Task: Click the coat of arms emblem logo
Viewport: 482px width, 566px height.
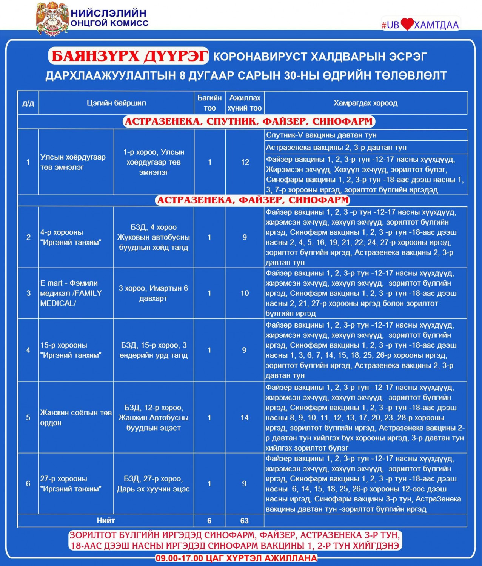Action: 52,19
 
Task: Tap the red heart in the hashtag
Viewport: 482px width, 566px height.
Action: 407,25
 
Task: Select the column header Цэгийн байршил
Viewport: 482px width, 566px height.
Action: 116,103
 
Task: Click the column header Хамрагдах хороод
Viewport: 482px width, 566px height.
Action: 365,103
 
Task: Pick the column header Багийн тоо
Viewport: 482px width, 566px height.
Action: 209,103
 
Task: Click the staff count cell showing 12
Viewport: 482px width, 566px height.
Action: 245,162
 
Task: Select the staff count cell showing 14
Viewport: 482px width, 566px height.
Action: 245,418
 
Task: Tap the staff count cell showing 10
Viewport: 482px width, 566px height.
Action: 245,293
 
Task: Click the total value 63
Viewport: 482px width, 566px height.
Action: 245,521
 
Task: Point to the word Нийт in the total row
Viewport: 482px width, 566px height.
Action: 106,521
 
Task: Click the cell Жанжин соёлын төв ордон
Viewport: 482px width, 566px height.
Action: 76,418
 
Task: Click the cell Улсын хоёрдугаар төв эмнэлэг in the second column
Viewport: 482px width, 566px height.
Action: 73,162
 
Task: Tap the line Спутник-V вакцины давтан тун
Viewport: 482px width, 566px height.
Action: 321,135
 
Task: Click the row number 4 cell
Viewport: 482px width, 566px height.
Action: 28,350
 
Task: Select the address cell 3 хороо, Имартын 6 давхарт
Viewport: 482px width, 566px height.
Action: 153,293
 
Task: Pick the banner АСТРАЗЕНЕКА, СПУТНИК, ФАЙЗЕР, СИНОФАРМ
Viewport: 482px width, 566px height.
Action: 249,122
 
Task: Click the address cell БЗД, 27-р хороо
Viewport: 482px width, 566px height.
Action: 153,484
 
